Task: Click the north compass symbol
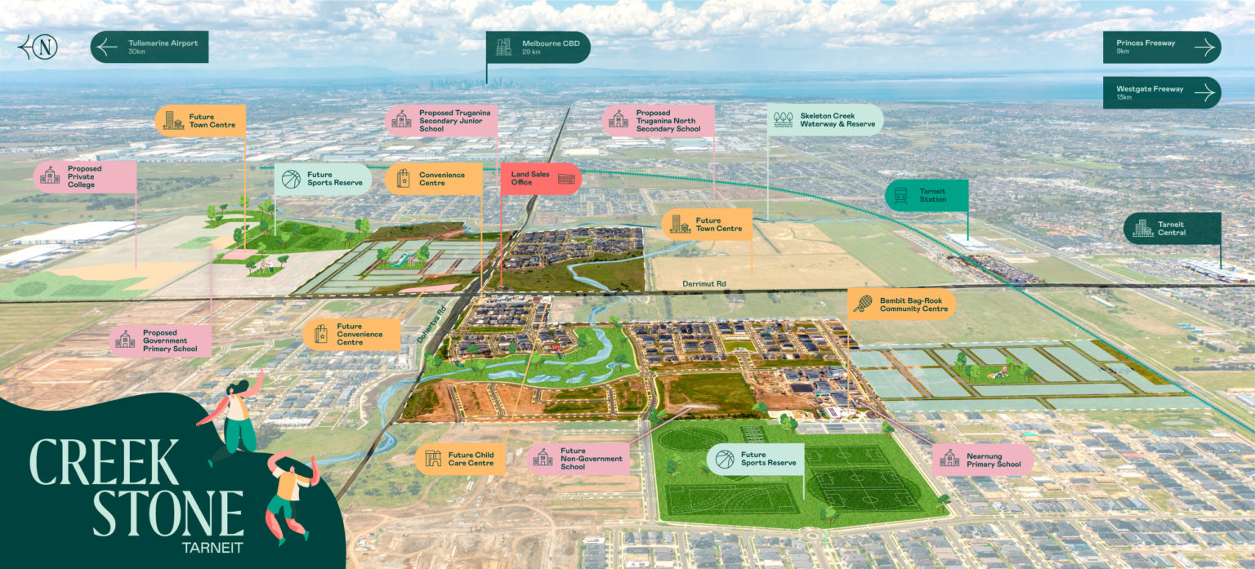tap(39, 47)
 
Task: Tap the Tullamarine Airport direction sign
tap(150, 47)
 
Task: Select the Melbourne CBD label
tap(538, 47)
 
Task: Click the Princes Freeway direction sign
tap(1161, 47)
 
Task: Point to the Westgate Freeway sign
tap(1161, 92)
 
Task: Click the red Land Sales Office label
tap(540, 179)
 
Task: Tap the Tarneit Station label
tap(927, 195)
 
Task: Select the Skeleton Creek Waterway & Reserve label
tap(825, 120)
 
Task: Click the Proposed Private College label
tap(85, 176)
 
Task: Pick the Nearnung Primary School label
tap(982, 460)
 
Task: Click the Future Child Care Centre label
tap(460, 459)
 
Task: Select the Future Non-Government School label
tap(578, 459)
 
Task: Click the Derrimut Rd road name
tap(703, 283)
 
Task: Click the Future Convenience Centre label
tap(352, 334)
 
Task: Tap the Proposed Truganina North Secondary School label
tap(659, 120)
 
